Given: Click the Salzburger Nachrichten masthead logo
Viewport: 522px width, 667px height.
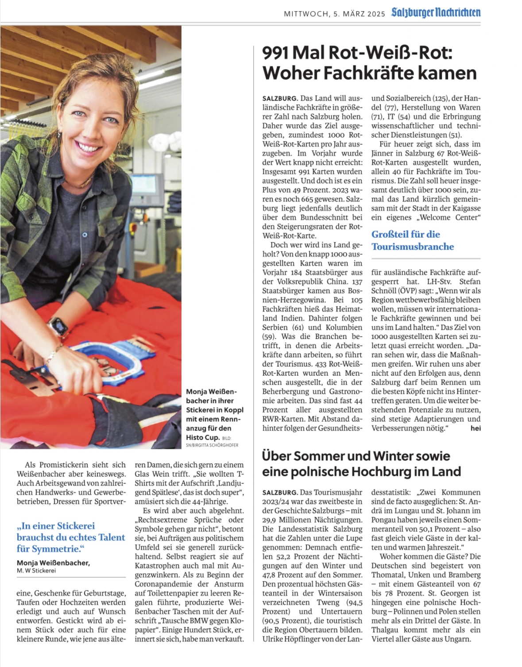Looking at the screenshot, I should click(436, 12).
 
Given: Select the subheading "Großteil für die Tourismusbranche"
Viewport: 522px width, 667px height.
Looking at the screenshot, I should click(413, 240).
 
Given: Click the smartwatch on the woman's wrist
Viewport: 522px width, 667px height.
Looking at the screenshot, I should click(58, 327).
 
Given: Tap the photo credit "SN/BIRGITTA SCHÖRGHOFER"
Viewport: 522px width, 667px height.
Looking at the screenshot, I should click(212, 445).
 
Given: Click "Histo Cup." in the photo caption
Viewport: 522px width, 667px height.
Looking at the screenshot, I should click(202, 437).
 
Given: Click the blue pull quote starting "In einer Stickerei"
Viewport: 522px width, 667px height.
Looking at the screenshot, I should click(71, 537).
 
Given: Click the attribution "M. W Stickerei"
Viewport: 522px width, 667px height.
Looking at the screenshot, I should click(36, 571).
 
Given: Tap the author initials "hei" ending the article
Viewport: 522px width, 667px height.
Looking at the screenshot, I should click(476, 428).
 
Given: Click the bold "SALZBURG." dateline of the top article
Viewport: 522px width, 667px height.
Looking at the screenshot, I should click(280, 98).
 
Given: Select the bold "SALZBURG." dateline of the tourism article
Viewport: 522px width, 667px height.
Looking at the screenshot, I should click(280, 492).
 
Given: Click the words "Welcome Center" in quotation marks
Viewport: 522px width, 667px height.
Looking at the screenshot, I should click(451, 217).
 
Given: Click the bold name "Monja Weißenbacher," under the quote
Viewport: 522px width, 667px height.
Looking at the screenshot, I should click(53, 563).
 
